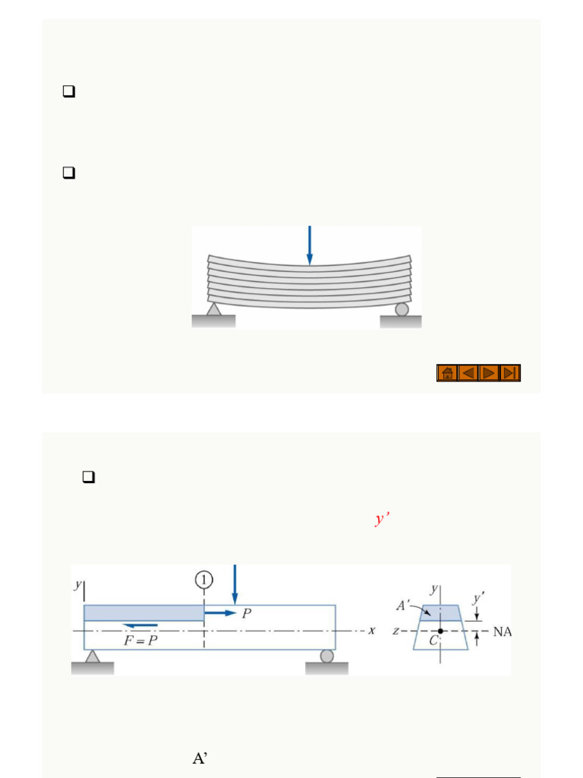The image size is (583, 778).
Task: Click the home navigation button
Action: tap(447, 372)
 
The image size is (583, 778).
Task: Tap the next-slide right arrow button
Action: tap(490, 372)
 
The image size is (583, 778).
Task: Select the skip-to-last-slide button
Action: tap(510, 372)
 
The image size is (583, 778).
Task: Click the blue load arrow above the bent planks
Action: tap(309, 245)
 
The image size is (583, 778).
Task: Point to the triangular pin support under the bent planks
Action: tap(214, 309)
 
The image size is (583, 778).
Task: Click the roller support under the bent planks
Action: tap(402, 308)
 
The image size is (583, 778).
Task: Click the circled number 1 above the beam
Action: tap(203, 580)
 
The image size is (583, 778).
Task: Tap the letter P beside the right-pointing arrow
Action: tap(247, 613)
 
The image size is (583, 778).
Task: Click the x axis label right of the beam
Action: tap(372, 631)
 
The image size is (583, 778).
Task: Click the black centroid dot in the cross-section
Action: tap(440, 631)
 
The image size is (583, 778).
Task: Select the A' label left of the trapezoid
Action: tap(403, 606)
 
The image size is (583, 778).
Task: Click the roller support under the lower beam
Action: tap(326, 655)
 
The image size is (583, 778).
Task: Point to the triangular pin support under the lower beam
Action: tap(93, 655)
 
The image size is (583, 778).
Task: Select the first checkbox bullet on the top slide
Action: tap(68, 92)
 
